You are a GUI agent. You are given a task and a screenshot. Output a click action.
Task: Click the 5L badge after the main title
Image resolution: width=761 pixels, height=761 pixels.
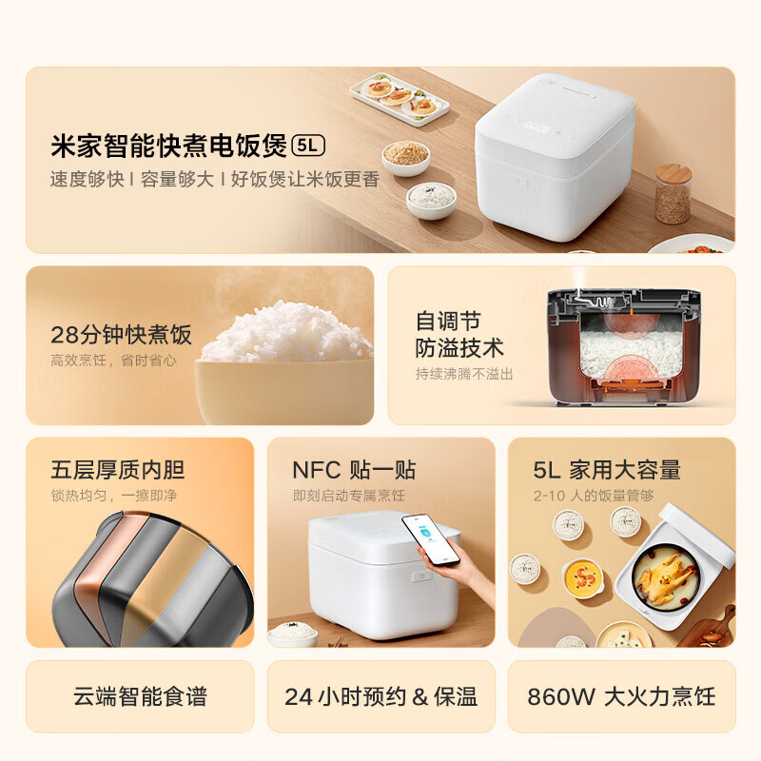tap(309, 146)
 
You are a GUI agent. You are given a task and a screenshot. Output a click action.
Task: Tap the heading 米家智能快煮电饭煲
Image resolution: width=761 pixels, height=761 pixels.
tap(168, 146)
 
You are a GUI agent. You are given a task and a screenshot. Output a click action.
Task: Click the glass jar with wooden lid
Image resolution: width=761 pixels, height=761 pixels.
tap(673, 194)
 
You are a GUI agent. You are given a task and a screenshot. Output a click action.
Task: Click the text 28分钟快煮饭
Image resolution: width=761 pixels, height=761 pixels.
tap(121, 334)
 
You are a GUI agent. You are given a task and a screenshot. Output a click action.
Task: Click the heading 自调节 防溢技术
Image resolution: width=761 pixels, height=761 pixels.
tap(459, 333)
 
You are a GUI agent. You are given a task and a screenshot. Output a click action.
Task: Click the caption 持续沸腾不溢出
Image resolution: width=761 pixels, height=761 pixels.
tap(463, 374)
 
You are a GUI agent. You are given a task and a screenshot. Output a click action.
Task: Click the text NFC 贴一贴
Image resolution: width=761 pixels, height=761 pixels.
tap(354, 469)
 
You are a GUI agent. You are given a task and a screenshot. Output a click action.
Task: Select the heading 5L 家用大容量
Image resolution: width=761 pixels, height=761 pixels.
tap(606, 469)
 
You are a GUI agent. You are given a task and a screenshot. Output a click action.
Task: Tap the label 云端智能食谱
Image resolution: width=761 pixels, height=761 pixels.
tap(140, 696)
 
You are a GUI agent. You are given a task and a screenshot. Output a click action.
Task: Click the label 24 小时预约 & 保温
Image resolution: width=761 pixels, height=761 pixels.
tap(380, 696)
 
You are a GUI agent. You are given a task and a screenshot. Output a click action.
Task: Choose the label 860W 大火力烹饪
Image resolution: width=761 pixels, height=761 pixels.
tap(621, 696)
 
